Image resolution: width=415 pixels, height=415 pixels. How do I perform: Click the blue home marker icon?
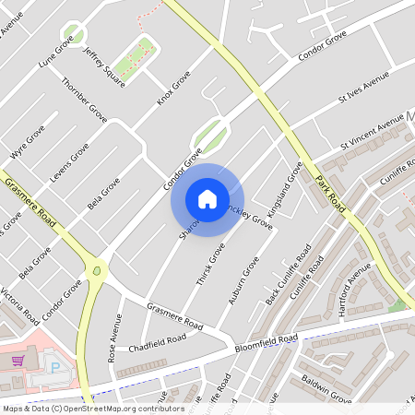pyautogui.click(x=207, y=199)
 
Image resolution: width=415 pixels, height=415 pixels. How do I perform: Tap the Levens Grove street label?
pyautogui.click(x=69, y=160)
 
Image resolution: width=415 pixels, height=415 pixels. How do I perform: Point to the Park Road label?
pyautogui.click(x=329, y=193)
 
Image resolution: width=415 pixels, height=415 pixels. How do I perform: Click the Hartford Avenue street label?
pyautogui.click(x=354, y=290)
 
